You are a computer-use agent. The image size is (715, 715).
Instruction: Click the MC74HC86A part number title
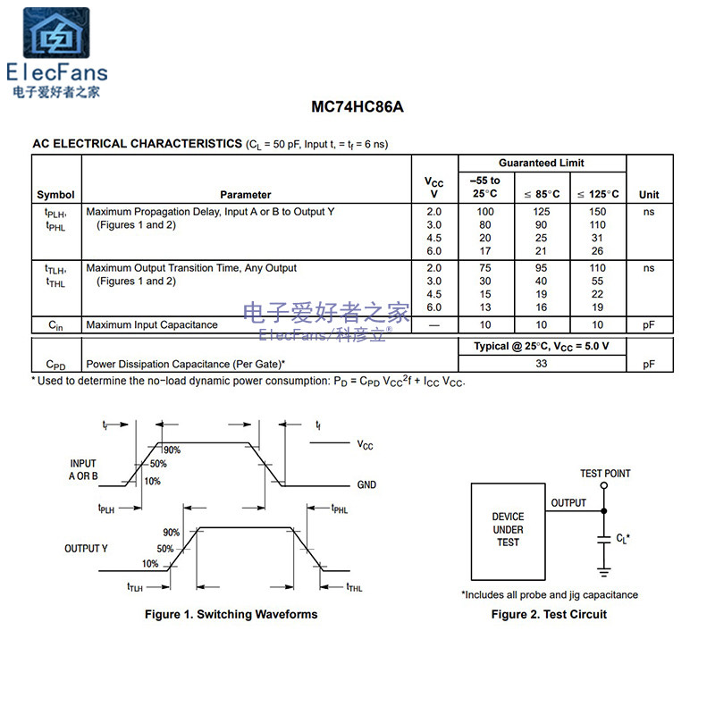point(357,107)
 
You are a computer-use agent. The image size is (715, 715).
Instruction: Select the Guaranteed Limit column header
point(541,163)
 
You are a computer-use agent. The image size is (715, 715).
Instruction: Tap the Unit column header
point(649,194)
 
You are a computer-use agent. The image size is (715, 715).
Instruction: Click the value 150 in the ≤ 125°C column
point(597,212)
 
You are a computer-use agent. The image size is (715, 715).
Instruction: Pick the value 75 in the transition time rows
point(485,267)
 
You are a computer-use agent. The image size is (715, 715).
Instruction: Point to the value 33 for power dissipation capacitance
point(541,364)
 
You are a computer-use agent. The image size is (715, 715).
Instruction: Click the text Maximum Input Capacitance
point(151,324)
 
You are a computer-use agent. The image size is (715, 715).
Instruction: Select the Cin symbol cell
point(55,325)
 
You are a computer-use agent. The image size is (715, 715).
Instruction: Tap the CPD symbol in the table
point(55,365)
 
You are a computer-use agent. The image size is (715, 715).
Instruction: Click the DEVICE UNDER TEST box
point(508,530)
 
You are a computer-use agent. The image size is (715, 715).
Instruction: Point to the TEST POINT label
point(605,474)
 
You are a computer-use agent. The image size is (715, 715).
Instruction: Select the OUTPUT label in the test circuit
point(568,502)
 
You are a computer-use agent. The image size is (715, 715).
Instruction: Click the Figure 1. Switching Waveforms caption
point(231,614)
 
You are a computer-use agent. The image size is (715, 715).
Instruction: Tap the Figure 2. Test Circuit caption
point(549,614)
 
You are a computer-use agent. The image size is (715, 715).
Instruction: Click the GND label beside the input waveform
point(366,485)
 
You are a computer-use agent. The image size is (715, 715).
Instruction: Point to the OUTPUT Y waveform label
point(86,548)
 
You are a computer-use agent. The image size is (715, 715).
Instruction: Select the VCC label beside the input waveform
point(366,444)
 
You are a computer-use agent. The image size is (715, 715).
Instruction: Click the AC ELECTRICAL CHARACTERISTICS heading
point(137,143)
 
